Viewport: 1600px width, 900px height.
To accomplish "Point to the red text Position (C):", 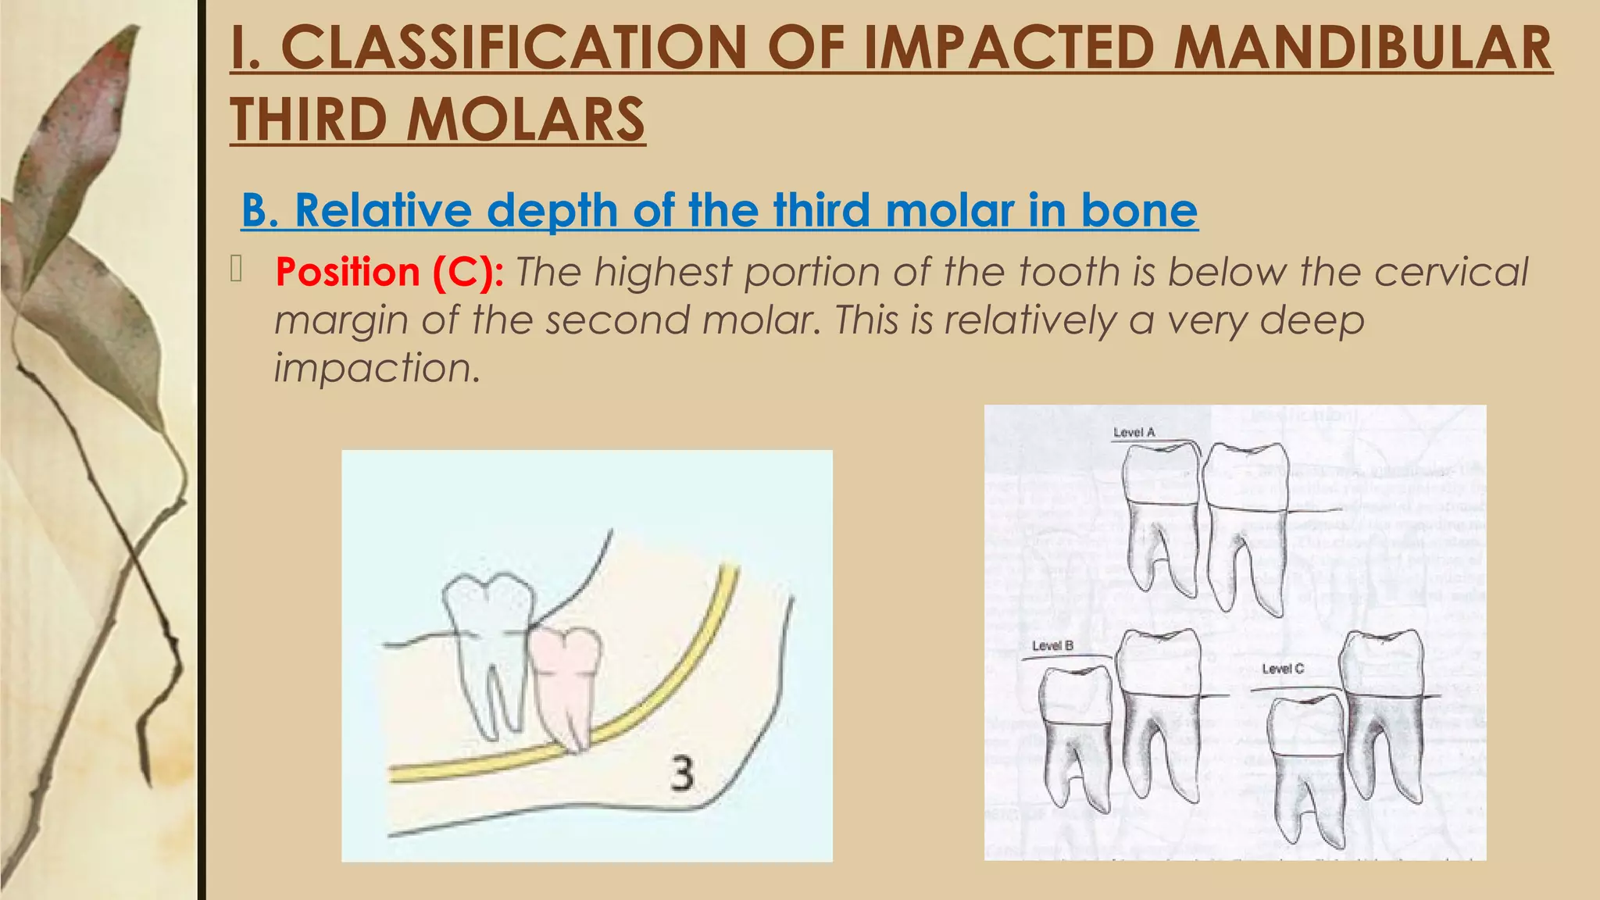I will [x=389, y=273].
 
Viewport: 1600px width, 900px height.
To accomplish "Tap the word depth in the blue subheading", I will [x=552, y=211].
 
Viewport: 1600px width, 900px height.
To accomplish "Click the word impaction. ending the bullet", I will [x=377, y=368].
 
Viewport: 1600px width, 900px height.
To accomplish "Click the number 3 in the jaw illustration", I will [x=682, y=774].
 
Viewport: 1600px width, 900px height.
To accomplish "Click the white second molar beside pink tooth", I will [x=488, y=641].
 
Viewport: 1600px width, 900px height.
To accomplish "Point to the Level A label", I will [x=1134, y=433].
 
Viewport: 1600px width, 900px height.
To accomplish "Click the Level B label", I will [x=1052, y=646].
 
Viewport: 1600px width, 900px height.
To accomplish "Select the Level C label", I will [x=1282, y=669].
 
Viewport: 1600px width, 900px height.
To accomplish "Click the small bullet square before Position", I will [x=237, y=270].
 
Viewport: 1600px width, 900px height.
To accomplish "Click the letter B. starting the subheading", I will [x=260, y=211].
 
